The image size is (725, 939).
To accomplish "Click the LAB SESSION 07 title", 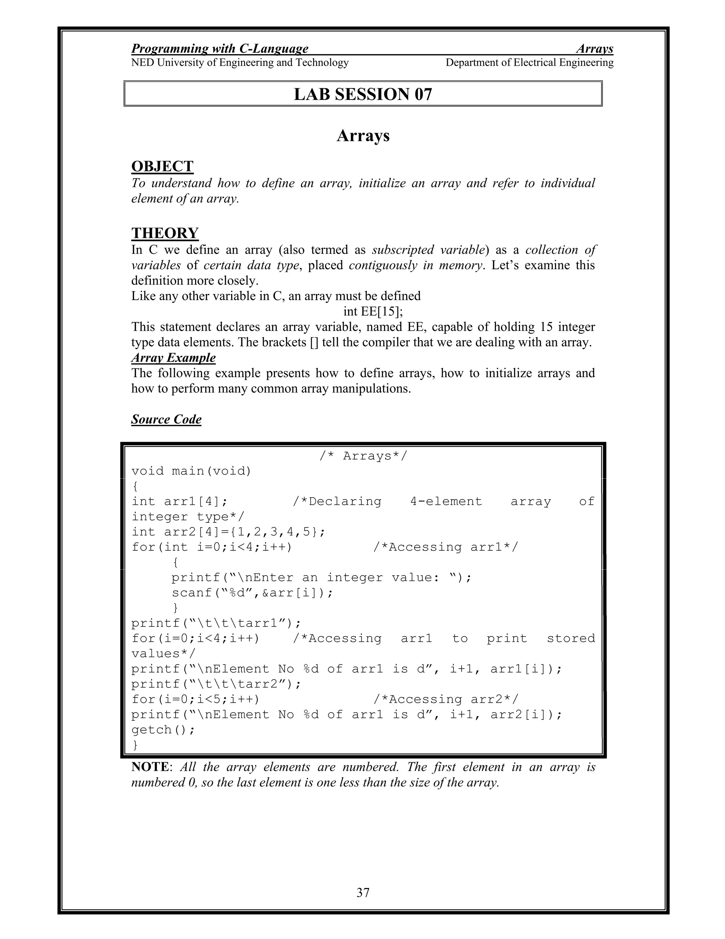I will pyautogui.click(x=363, y=94).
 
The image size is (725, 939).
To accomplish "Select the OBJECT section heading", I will pyautogui.click(x=162, y=166).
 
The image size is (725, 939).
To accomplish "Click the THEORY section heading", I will pyautogui.click(x=165, y=233).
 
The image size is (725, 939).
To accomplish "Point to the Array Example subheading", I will pyautogui.click(x=173, y=358).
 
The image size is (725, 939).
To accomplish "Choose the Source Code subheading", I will pyautogui.click(x=166, y=419).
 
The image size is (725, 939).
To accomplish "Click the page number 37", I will pyautogui.click(x=363, y=893).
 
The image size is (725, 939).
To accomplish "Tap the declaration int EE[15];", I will pyautogui.click(x=373, y=311).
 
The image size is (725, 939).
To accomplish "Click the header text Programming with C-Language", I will pyautogui.click(x=219, y=49).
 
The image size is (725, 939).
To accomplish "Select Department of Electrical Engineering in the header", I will pyautogui.click(x=530, y=63).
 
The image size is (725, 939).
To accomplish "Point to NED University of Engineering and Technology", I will pyautogui.click(x=240, y=63).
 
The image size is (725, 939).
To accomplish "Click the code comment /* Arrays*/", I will pyautogui.click(x=363, y=456).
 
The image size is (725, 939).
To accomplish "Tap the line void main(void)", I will pyautogui.click(x=191, y=471).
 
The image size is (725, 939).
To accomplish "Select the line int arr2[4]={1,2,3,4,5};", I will pyautogui.click(x=228, y=532).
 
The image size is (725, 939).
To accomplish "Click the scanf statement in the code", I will pyautogui.click(x=252, y=593).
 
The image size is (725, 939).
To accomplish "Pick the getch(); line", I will pyautogui.click(x=163, y=730).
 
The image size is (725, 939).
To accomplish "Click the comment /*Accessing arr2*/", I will pyautogui.click(x=446, y=700).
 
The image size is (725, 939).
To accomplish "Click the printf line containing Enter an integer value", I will pyautogui.click(x=321, y=578).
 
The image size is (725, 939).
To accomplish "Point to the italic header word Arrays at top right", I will pyautogui.click(x=594, y=49).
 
